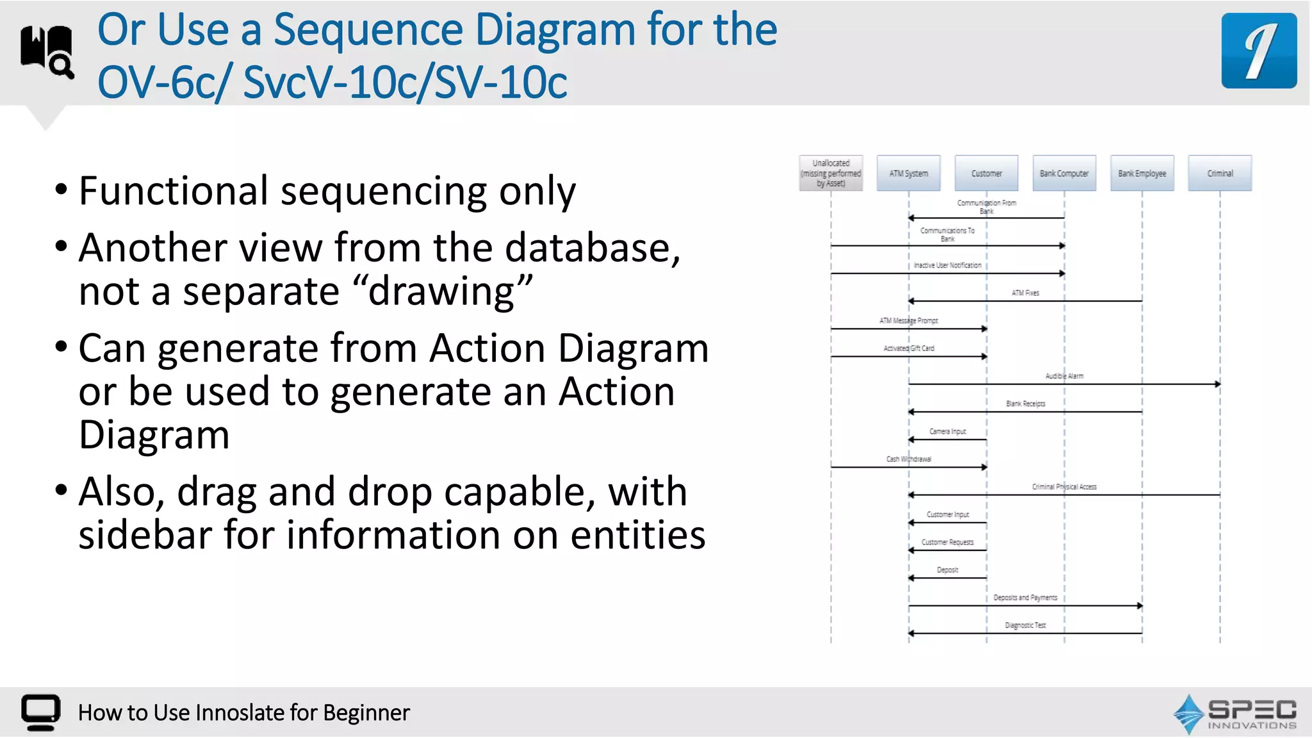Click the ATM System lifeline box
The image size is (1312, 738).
tap(908, 173)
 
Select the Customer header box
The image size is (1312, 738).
tap(986, 173)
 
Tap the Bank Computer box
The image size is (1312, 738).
tap(1064, 173)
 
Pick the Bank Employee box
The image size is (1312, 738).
tap(1142, 173)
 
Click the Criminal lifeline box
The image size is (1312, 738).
tap(1220, 173)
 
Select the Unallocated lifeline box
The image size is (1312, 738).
tap(831, 173)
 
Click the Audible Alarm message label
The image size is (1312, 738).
tap(1064, 376)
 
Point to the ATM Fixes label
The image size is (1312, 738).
tap(1025, 293)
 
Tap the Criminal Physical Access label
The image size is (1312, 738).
tap(1064, 487)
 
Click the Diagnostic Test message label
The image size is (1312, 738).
tap(1025, 625)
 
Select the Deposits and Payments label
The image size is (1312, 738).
tap(1025, 598)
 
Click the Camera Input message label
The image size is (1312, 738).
tap(947, 432)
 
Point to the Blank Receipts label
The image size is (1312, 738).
tap(1025, 404)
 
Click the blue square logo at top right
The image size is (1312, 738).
tap(1259, 51)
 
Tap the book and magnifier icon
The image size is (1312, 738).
tap(47, 51)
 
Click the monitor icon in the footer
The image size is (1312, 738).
tap(40, 712)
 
